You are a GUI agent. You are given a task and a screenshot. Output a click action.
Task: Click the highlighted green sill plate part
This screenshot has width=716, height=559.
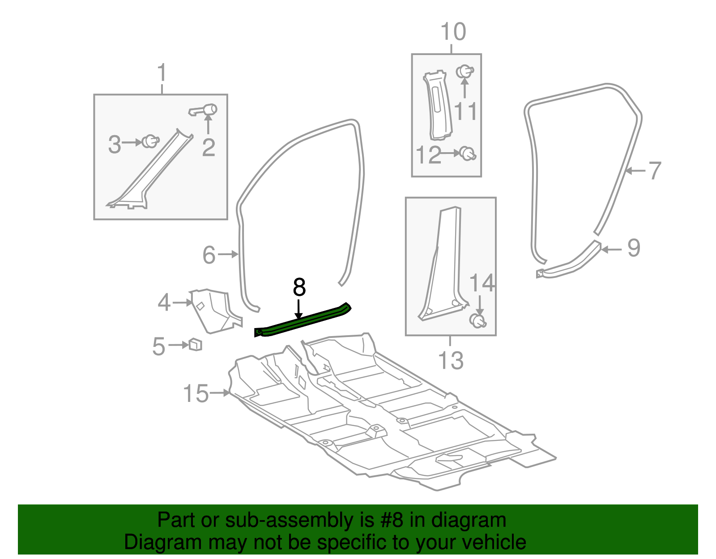tap(302, 321)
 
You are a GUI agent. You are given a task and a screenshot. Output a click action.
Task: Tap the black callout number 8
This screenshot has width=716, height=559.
tap(299, 287)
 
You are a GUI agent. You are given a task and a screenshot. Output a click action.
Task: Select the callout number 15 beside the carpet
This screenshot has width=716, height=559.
tap(196, 394)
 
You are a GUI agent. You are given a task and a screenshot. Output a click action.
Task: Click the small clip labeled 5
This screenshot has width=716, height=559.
tap(196, 345)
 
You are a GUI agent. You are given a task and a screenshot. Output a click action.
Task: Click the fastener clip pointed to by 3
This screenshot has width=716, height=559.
tap(150, 142)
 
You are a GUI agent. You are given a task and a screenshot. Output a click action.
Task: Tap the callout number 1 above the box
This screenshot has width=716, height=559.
tap(162, 73)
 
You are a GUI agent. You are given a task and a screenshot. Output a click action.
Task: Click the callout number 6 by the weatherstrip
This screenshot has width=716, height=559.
tap(209, 255)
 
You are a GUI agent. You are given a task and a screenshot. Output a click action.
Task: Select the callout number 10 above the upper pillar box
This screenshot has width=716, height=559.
tap(453, 32)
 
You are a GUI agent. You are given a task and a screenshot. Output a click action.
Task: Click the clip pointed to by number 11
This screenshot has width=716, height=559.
tap(465, 72)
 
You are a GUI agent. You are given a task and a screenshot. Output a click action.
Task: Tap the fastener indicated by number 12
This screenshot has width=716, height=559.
tap(468, 154)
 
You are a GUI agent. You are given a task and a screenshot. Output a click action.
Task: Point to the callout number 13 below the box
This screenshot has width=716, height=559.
tap(451, 360)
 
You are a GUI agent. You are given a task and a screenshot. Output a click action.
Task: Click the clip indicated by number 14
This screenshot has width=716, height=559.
tap(478, 320)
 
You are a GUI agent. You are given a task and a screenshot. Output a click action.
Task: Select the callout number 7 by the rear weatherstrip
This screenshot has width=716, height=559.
tap(654, 171)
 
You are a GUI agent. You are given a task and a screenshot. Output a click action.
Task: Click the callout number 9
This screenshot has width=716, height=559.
tap(634, 248)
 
